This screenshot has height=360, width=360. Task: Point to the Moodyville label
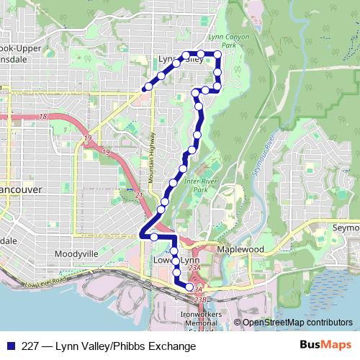click(76, 254)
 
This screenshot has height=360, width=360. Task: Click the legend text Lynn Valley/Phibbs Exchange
click(108, 346)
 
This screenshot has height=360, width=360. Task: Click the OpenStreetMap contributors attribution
click(297, 323)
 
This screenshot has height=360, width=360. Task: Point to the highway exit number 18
click(43, 116)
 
